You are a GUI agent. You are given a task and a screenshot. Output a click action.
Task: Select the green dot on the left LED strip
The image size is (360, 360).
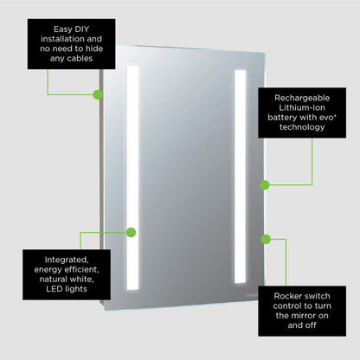click(x=132, y=232)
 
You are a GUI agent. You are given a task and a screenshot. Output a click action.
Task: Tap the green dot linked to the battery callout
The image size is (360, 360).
click(x=264, y=183)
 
